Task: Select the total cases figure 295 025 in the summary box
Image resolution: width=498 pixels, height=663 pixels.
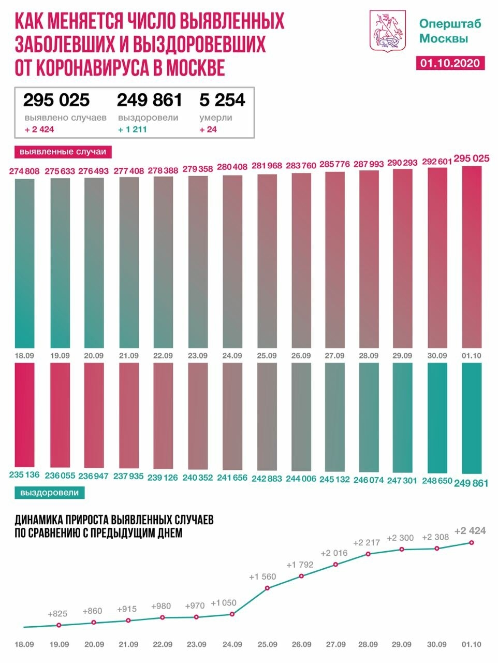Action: (56, 99)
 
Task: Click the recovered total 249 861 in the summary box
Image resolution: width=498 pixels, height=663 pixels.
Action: (150, 99)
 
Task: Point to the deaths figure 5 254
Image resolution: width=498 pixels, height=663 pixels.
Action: (222, 99)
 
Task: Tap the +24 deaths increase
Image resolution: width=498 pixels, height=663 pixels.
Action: (208, 129)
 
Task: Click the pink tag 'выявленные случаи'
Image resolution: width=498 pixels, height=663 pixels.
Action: (63, 152)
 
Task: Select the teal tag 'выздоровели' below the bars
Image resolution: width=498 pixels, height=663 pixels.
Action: (50, 493)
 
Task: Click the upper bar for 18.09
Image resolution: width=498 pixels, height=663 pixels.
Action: (25, 264)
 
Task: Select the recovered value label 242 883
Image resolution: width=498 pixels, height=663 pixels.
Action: (267, 477)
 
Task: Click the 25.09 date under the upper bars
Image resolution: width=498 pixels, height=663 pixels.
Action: (267, 356)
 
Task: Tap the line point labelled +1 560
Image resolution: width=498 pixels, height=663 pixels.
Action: (267, 588)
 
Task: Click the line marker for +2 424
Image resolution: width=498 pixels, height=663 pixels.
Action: (472, 542)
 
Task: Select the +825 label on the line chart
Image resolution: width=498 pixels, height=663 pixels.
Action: (57, 614)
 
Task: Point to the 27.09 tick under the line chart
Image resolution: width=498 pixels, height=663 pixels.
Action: (335, 644)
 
